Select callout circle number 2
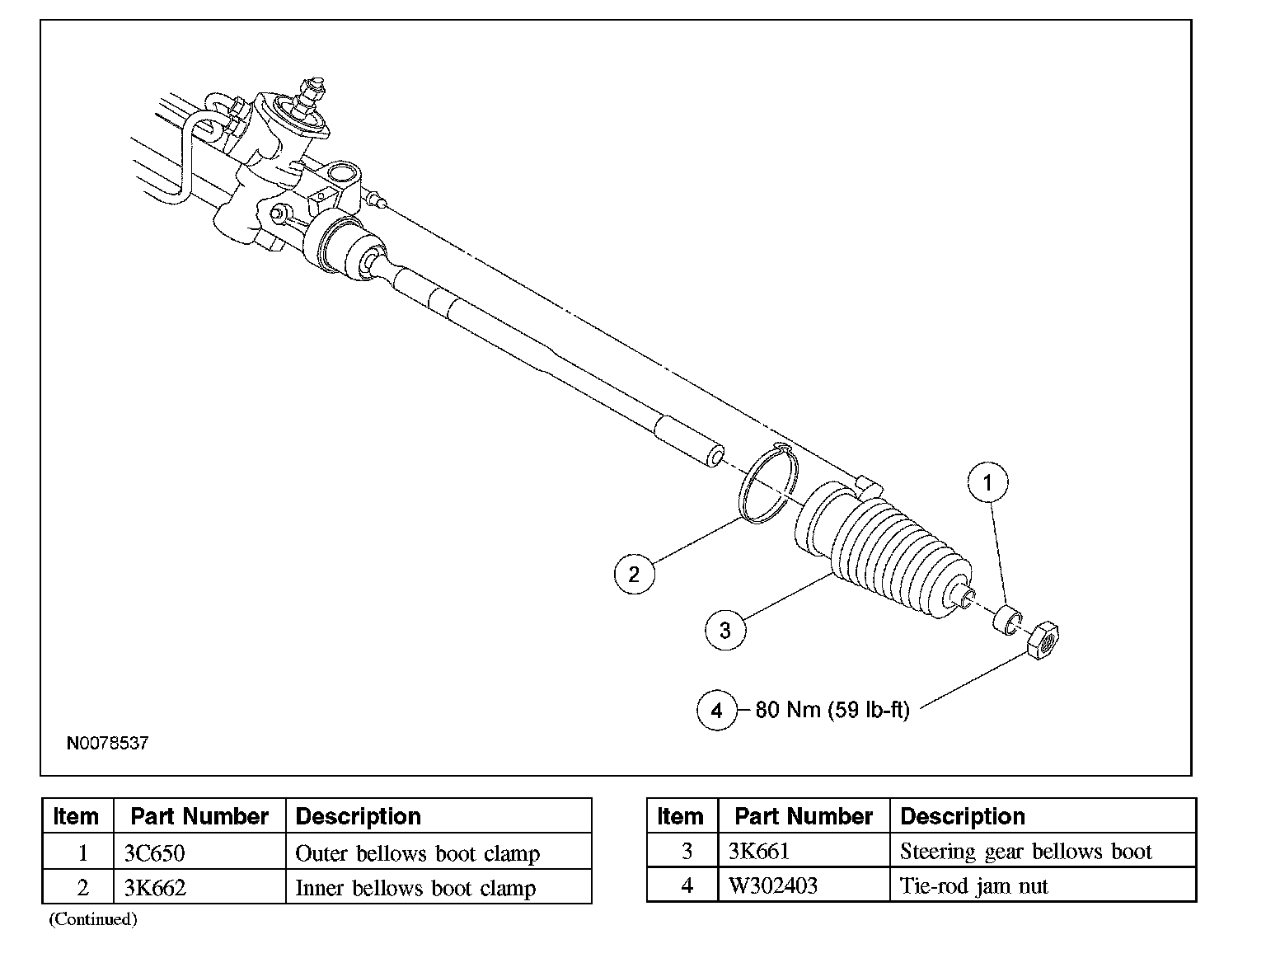pyautogui.click(x=634, y=573)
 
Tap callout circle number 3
pyautogui.click(x=724, y=631)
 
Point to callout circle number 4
pyautogui.click(x=716, y=710)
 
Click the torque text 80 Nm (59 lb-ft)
pyautogui.click(x=832, y=710)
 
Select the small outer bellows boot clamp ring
pyautogui.click(x=1008, y=620)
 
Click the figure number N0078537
pyautogui.click(x=107, y=743)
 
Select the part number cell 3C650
pyautogui.click(x=154, y=852)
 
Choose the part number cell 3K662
pyautogui.click(x=155, y=888)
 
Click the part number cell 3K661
pyautogui.click(x=759, y=851)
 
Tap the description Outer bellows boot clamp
pyautogui.click(x=417, y=852)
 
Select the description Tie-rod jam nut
pyautogui.click(x=973, y=886)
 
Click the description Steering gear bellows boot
pyautogui.click(x=1025, y=851)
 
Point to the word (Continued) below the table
pyautogui.click(x=92, y=918)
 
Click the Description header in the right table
pyautogui.click(x=962, y=816)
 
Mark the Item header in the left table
pyautogui.click(x=76, y=816)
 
